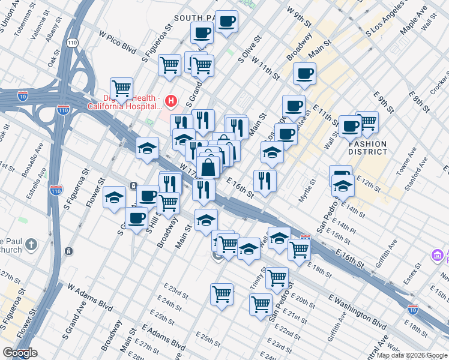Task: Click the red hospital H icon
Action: click(172, 100)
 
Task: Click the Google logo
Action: click(20, 353)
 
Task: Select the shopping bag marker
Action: click(208, 167)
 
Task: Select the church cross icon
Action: click(31, 245)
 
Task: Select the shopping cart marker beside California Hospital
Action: click(121, 88)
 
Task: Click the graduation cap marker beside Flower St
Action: click(113, 197)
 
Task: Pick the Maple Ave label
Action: click(413, 20)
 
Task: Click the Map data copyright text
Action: click(411, 355)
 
